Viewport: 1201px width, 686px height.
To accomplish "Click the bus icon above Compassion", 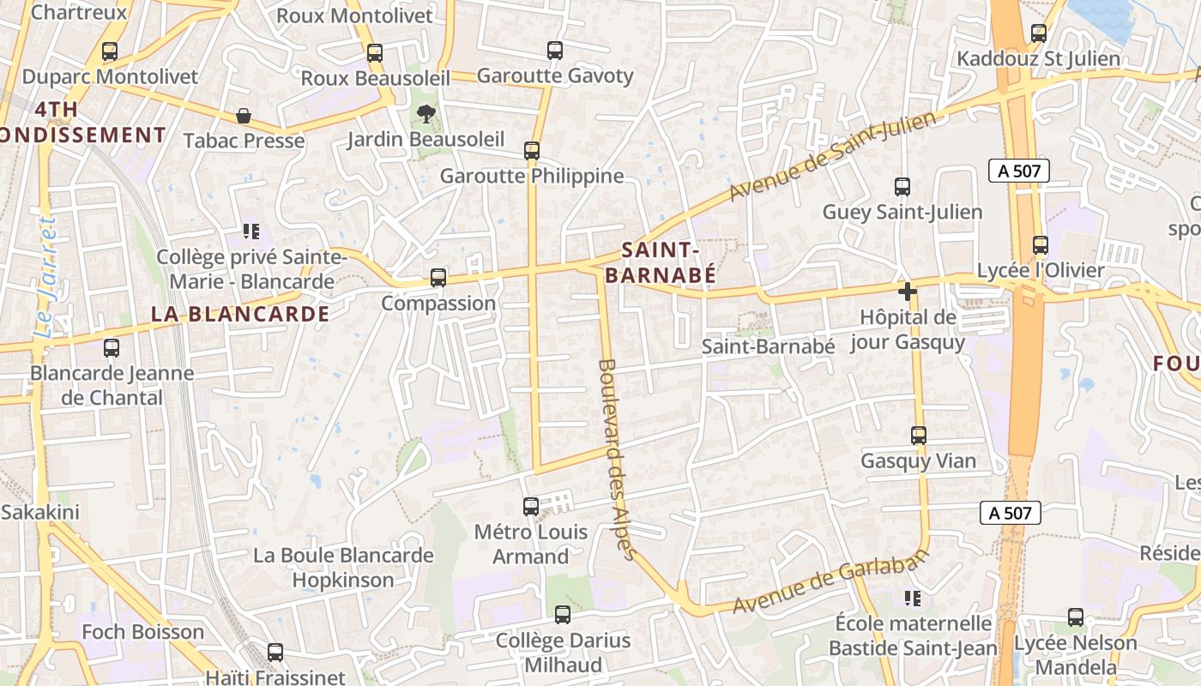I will click(x=438, y=278).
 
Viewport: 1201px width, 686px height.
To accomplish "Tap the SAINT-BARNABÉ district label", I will click(x=660, y=262).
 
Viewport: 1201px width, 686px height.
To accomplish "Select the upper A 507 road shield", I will click(x=1018, y=171).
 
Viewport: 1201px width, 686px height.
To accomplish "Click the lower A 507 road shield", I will click(x=1010, y=513).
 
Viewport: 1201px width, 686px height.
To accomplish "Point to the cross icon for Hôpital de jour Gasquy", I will click(x=908, y=292).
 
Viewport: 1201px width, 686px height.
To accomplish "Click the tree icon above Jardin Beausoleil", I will click(x=425, y=114).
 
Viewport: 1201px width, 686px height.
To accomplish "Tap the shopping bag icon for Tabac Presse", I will click(x=244, y=116).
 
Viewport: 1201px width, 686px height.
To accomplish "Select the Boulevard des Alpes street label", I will click(x=615, y=459).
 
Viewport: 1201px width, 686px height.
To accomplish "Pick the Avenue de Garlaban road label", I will click(x=830, y=582).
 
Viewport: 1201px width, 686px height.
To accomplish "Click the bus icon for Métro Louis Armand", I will click(x=531, y=507).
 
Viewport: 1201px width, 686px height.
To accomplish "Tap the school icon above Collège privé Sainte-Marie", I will click(x=250, y=232).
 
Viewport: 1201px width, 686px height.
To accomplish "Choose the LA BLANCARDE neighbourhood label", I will click(x=240, y=314).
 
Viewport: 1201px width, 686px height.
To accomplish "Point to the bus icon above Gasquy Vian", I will click(x=919, y=436).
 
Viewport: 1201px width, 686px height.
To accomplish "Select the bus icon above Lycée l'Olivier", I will click(x=1041, y=245).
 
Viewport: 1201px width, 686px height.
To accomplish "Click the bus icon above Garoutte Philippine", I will click(x=532, y=151).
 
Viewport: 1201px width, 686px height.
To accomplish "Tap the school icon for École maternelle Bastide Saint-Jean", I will click(x=913, y=598).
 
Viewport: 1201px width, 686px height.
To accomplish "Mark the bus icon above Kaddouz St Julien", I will click(x=1039, y=33).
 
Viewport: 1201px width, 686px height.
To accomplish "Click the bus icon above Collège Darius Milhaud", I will click(x=563, y=615).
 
